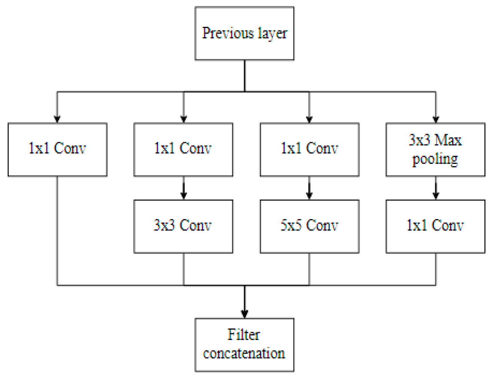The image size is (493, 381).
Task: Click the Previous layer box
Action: coord(244,33)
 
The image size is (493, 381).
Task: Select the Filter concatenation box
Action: coord(244,345)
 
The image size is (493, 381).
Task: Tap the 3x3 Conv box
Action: coord(183,226)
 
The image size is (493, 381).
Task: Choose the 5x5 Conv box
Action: coord(309,226)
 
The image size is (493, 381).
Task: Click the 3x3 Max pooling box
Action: coord(435,150)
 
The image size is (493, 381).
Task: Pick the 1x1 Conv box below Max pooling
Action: coord(435,226)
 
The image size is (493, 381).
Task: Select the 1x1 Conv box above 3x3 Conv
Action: coord(183,150)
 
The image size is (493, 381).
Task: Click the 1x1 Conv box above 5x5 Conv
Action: coord(309,150)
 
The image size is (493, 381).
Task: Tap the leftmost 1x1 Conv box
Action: coord(57,150)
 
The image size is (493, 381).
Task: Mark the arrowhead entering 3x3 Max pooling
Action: coord(436,119)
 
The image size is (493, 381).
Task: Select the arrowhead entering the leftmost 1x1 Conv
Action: coord(57,119)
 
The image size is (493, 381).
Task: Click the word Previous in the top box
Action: coord(228,33)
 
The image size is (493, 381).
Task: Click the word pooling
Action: coord(435,160)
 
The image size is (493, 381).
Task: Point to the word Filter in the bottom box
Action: coord(244,334)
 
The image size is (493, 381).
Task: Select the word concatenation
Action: coord(244,353)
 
